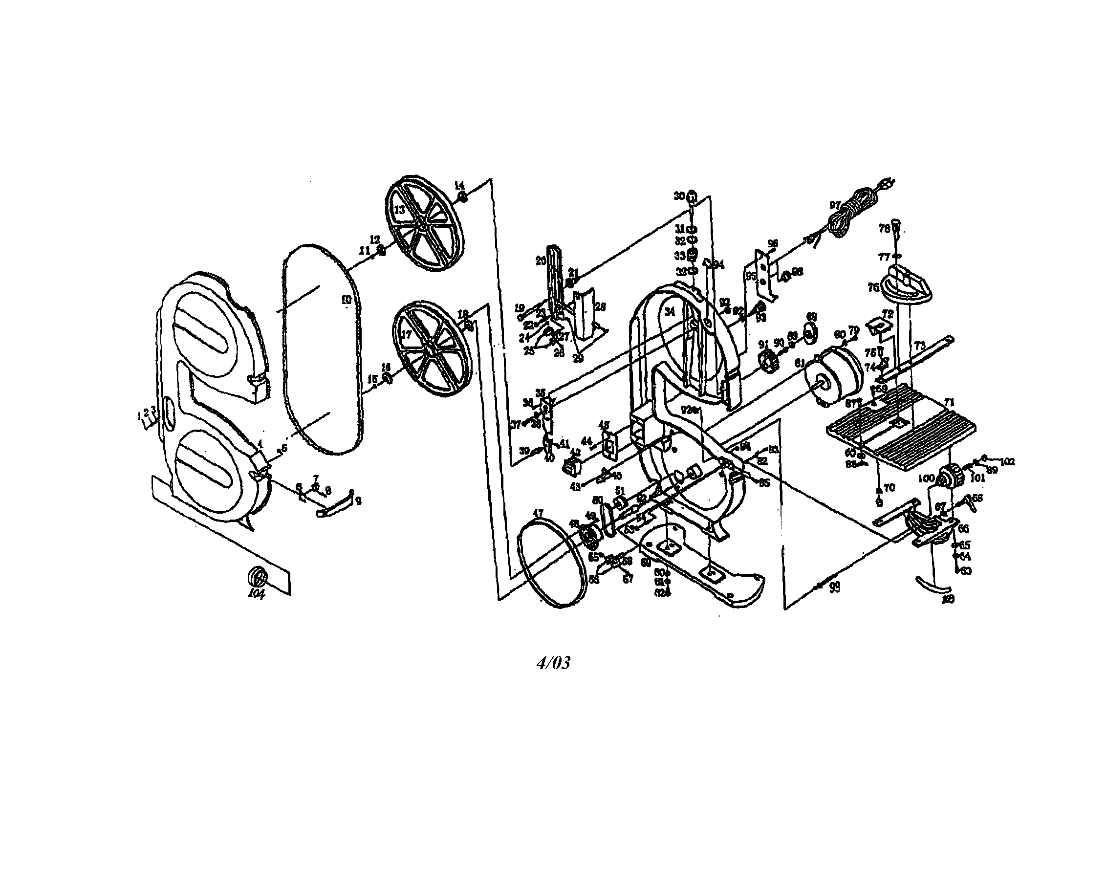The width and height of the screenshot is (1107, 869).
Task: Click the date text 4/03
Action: point(553,663)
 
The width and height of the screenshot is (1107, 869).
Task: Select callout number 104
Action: point(256,594)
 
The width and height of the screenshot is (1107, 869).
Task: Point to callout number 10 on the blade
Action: point(346,300)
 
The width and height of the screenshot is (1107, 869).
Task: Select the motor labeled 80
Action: point(834,376)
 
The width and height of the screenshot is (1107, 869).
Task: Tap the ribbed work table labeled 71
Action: point(900,427)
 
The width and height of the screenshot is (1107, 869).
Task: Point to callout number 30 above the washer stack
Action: point(679,196)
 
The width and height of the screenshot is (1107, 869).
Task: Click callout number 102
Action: point(1007,462)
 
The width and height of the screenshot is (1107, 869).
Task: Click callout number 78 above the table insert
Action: point(884,228)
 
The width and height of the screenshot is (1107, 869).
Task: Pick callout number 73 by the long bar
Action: point(919,346)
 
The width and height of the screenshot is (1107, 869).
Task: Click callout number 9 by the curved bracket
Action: point(358,501)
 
